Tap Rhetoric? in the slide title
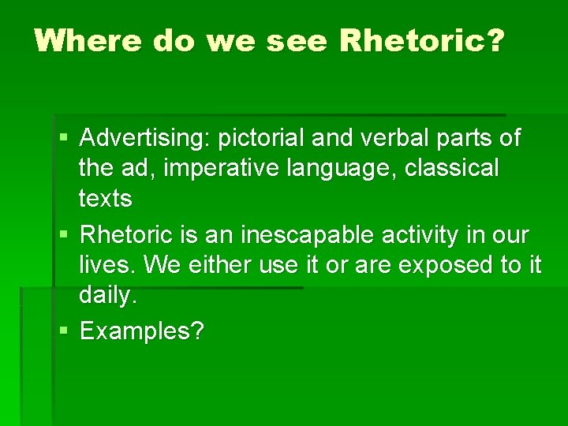tap(420, 40)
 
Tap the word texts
tap(105, 198)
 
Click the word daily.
tap(108, 295)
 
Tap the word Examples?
tap(142, 331)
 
